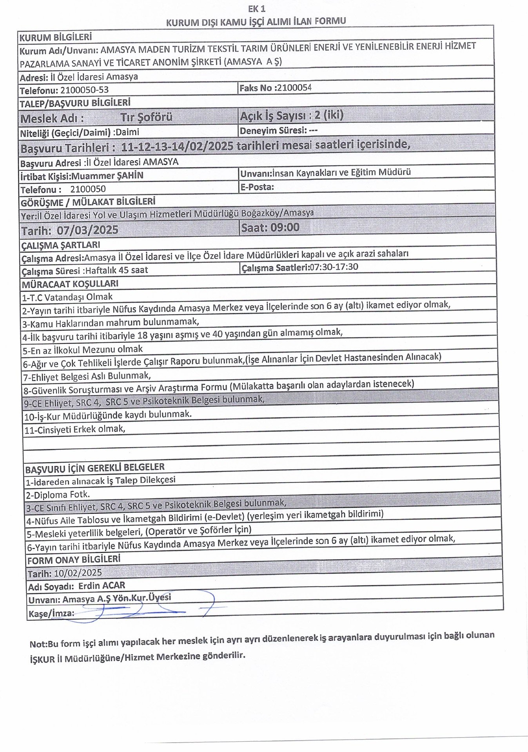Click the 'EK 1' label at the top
point(257,9)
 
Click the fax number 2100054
point(294,88)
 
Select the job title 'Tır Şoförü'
point(146,117)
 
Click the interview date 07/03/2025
point(87,230)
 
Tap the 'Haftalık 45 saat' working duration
point(116,270)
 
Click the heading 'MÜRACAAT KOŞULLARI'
point(70,284)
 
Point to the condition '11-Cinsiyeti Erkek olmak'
point(74,429)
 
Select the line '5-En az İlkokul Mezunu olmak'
point(82,349)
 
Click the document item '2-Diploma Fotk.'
point(58,494)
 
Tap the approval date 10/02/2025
point(78,573)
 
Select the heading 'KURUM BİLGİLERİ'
point(56,37)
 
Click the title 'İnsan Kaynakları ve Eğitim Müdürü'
point(341,172)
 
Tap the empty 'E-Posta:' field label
point(257,187)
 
